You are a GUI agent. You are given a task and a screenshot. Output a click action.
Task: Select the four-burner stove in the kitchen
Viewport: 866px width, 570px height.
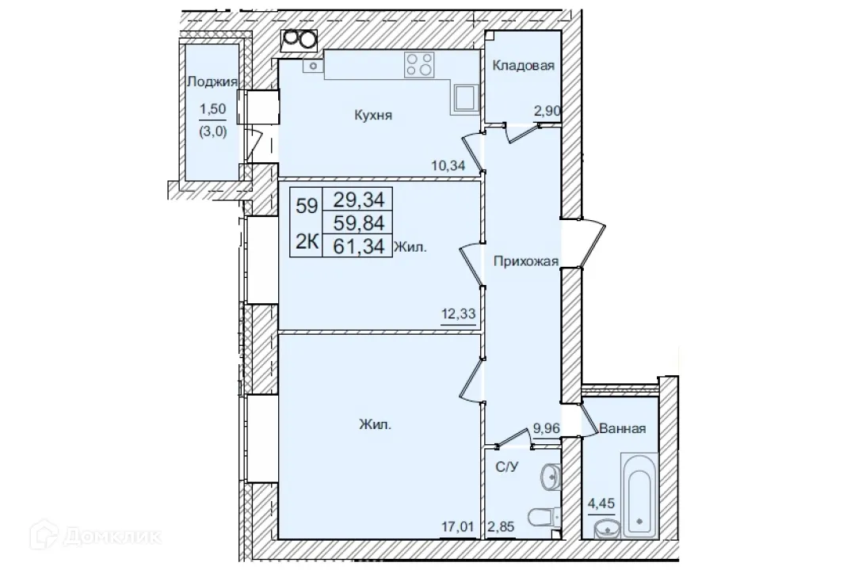pos(420,64)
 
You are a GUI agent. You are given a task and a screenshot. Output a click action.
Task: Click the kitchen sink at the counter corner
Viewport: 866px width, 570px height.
pos(464,97)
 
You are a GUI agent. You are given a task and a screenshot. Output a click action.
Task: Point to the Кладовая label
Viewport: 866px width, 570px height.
pos(523,66)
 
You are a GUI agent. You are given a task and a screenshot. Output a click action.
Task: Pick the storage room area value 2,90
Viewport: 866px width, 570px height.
pos(547,112)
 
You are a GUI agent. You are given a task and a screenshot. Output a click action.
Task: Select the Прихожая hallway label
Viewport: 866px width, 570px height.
pos(525,261)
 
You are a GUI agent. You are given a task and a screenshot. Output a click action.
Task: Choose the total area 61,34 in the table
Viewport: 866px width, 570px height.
pos(361,246)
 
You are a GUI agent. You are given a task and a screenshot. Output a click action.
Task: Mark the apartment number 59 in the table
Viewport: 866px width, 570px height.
pos(307,207)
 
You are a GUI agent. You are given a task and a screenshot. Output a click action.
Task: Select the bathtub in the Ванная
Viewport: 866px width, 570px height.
pos(639,494)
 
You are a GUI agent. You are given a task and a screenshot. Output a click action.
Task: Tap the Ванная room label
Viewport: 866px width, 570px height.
pos(622,428)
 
